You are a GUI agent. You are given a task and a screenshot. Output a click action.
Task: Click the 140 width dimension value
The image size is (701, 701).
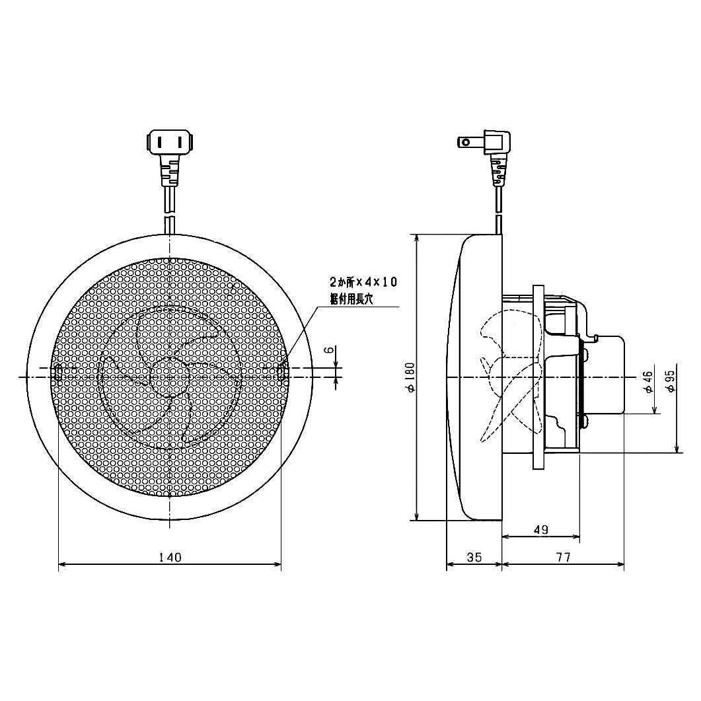[170, 557]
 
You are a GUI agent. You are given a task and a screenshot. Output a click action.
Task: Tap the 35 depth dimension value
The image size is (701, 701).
[474, 557]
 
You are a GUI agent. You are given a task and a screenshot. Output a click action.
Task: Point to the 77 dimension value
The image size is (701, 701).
[562, 557]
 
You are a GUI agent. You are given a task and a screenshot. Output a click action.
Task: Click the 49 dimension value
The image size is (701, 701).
[540, 530]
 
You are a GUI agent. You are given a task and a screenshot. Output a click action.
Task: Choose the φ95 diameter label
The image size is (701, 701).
[671, 381]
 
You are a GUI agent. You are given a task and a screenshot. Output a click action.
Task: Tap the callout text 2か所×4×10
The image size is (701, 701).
[363, 282]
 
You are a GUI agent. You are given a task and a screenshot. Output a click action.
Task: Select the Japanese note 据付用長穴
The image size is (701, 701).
[351, 299]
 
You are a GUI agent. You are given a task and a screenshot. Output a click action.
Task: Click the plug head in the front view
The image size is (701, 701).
[171, 142]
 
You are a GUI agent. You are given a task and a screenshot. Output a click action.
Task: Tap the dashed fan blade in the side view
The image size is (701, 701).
[509, 377]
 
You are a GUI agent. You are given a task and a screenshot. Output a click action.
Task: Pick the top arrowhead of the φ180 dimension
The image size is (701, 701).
[417, 239]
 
